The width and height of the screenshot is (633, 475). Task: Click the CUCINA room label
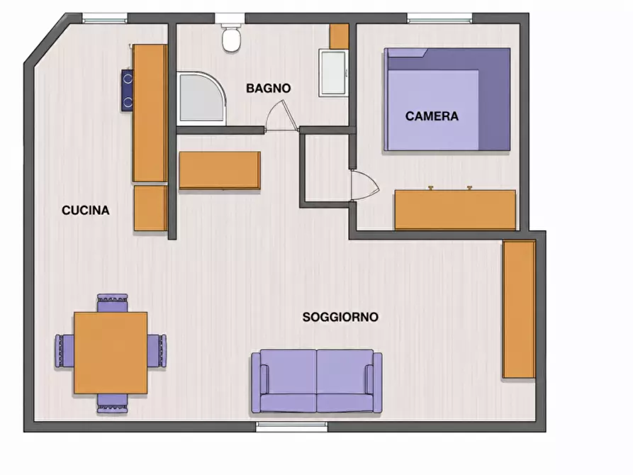click(86, 211)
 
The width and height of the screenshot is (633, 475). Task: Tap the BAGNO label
click(269, 89)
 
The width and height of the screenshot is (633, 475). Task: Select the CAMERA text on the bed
click(432, 116)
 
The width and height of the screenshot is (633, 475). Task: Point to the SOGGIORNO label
click(340, 317)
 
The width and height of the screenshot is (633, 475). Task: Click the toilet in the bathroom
click(231, 38)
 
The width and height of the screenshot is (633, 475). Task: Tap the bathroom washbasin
click(333, 73)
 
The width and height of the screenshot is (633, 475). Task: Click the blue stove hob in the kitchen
click(128, 90)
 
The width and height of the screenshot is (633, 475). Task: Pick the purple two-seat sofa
click(316, 381)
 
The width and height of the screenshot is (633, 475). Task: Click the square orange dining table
click(111, 352)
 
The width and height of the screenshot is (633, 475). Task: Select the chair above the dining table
click(112, 303)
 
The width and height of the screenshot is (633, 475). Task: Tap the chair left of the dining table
click(65, 351)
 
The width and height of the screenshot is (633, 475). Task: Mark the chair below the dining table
click(112, 403)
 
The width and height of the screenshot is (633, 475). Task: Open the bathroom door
click(282, 116)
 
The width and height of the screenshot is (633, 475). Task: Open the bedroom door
click(364, 186)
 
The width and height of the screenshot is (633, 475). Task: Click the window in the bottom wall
click(291, 427)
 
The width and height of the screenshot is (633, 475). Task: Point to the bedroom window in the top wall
click(439, 18)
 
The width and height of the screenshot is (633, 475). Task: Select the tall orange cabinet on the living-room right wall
click(519, 309)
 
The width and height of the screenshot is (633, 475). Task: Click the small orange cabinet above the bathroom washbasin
click(339, 36)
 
